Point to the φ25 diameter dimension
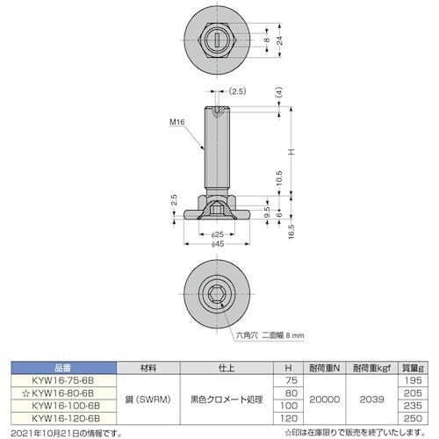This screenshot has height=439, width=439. [216, 235]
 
